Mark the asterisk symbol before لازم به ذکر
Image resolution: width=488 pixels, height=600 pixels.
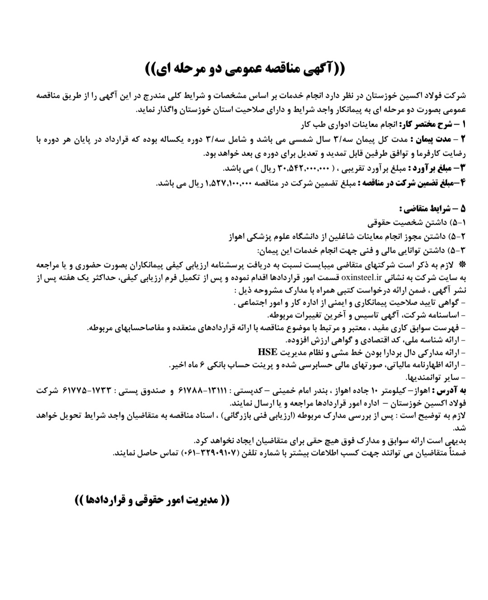coord(462,263)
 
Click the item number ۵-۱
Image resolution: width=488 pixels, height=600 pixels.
coord(459,223)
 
